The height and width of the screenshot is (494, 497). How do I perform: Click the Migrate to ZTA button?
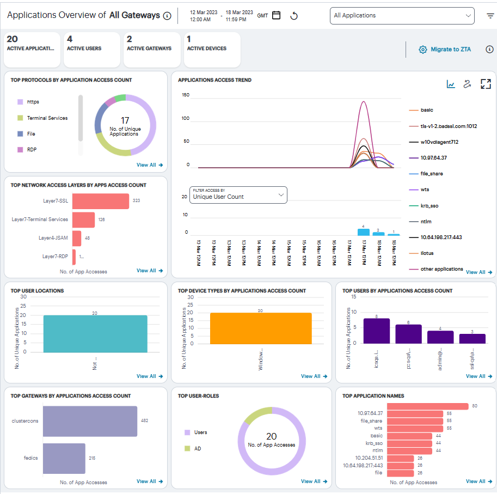coord(445,50)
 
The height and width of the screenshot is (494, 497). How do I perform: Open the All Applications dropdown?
coord(402,16)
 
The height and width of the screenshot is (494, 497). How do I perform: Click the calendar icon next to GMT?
coord(277,15)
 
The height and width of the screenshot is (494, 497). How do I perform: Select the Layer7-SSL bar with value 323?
coord(100,201)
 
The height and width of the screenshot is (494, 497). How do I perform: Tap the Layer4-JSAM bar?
coord(77,238)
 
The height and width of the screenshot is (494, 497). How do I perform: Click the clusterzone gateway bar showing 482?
coord(90,421)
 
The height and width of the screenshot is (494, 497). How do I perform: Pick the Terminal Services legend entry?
coord(47,118)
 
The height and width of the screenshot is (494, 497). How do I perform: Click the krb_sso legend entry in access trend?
coord(430,205)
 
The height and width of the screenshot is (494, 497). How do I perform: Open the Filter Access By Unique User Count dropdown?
coord(238,194)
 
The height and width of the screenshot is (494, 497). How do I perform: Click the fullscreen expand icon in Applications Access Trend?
coord(486,84)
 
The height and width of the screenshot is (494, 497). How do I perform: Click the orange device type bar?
coord(261,328)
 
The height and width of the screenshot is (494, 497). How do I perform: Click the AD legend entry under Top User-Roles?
coord(198,449)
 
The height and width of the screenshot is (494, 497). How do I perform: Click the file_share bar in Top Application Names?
coord(415,421)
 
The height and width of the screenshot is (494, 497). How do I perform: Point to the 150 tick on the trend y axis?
coord(186,95)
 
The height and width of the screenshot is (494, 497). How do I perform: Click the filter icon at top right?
coord(490,16)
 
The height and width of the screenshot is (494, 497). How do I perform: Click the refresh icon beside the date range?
coord(294,16)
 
